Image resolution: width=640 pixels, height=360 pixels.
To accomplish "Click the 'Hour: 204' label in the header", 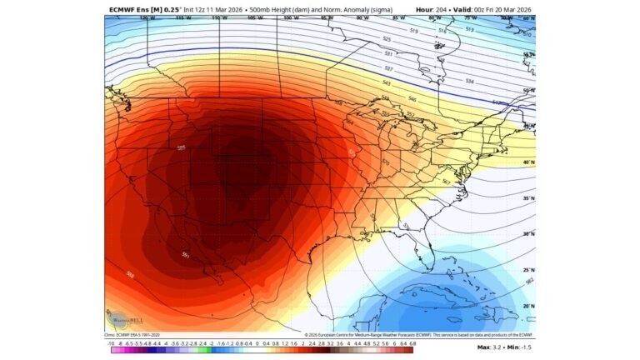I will tap(432, 9).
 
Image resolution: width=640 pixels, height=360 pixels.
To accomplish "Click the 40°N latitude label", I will tap(527, 162).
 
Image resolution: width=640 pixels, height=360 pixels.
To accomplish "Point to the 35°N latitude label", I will tap(527, 198).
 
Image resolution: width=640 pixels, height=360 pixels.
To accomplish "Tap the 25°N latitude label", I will tap(527, 270).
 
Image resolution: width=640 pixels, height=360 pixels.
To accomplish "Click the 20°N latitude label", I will tap(527, 306).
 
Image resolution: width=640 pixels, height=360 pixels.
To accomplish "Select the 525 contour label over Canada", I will tap(387, 39).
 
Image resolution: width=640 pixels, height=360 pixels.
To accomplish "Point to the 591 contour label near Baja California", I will tap(186, 255).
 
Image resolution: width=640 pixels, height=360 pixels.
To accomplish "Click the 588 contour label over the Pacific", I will tap(131, 273).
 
